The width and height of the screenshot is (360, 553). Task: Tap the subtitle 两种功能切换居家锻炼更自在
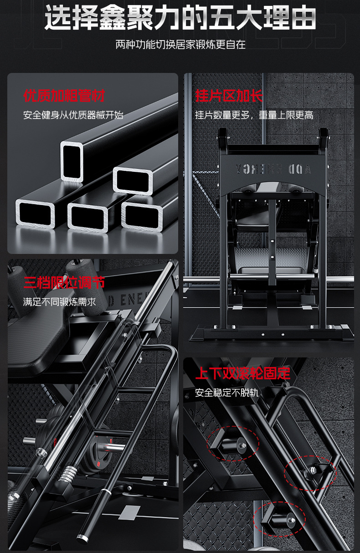point(180,45)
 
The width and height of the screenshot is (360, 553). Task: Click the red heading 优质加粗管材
point(64,96)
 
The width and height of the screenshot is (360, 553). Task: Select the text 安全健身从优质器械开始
point(73,114)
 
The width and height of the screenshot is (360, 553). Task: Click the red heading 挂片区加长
point(229,96)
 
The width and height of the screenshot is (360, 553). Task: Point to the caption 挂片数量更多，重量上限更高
point(254,114)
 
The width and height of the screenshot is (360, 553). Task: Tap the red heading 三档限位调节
point(64,283)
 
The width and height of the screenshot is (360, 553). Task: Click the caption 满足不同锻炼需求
point(60,301)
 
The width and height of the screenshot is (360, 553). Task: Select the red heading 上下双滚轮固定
point(242,374)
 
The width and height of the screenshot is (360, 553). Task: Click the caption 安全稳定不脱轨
point(227,393)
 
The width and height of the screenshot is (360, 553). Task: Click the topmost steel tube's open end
point(72,161)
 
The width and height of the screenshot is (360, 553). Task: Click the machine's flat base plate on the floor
point(272,333)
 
